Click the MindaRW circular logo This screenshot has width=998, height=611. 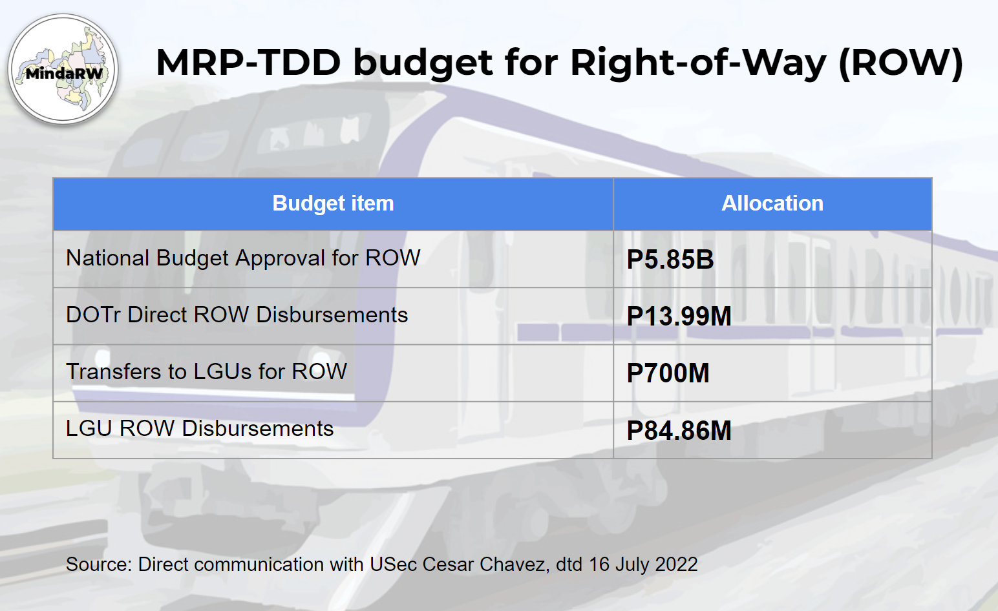pyautogui.click(x=63, y=69)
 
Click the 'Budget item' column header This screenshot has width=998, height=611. pyautogui.click(x=334, y=203)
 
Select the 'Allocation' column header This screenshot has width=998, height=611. pyautogui.click(x=772, y=203)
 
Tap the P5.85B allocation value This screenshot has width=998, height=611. pyautogui.click(x=670, y=259)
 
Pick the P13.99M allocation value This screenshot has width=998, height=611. pyautogui.click(x=679, y=316)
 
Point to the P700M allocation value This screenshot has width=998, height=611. pyautogui.click(x=668, y=373)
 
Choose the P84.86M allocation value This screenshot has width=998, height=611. pyautogui.click(x=679, y=430)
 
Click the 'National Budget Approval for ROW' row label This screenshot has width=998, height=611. pyautogui.click(x=243, y=258)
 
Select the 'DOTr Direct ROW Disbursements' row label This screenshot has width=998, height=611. pyautogui.click(x=237, y=315)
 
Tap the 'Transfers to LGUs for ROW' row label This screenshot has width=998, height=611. pyautogui.click(x=206, y=371)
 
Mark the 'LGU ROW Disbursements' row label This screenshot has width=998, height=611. pyautogui.click(x=200, y=428)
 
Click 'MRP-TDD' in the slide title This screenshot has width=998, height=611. pyautogui.click(x=249, y=63)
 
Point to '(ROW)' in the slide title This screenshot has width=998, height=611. pyautogui.click(x=901, y=63)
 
